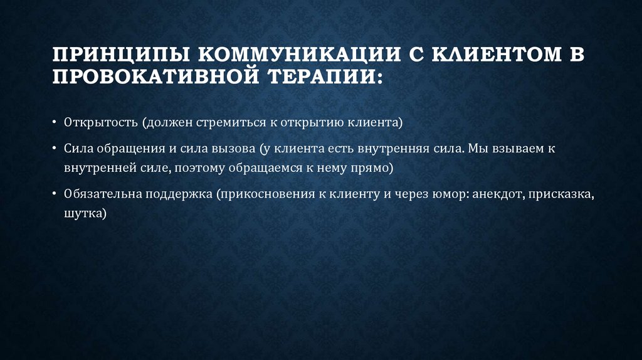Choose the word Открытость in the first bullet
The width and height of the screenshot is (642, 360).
coord(100,121)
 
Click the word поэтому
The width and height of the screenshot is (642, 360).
coord(200,167)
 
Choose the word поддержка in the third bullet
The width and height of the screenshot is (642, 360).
coord(179,194)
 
